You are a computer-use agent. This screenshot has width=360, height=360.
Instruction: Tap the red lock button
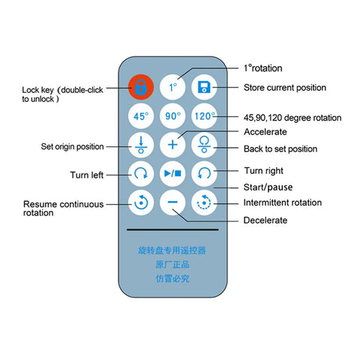coord(141,87)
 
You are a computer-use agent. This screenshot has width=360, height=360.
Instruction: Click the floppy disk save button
coord(204,87)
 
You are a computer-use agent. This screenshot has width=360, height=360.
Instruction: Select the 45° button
coord(141,116)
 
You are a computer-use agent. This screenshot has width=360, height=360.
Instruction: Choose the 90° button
coord(172,116)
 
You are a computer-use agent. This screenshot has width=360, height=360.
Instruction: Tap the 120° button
coord(204,116)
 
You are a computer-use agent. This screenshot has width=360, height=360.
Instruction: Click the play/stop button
coord(172,173)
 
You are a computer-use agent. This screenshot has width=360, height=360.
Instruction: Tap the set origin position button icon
coord(141,145)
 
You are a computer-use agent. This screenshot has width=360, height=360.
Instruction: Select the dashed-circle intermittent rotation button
coord(204,202)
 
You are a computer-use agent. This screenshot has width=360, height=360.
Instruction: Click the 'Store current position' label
coord(285,88)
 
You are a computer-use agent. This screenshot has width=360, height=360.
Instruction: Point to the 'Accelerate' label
coord(265,132)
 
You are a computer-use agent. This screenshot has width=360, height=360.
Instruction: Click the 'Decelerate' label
coord(265,220)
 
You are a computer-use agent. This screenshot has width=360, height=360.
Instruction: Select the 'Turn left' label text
coord(86,175)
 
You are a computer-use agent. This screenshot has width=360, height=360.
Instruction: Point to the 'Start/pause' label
coord(268,187)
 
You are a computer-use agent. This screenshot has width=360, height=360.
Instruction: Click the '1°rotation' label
coord(263,68)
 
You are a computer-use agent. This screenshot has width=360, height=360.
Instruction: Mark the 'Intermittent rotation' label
coord(283,202)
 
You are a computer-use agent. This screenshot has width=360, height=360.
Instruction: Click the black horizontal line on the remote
coord(172,229)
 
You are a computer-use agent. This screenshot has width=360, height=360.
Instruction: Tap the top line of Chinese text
coord(172,250)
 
